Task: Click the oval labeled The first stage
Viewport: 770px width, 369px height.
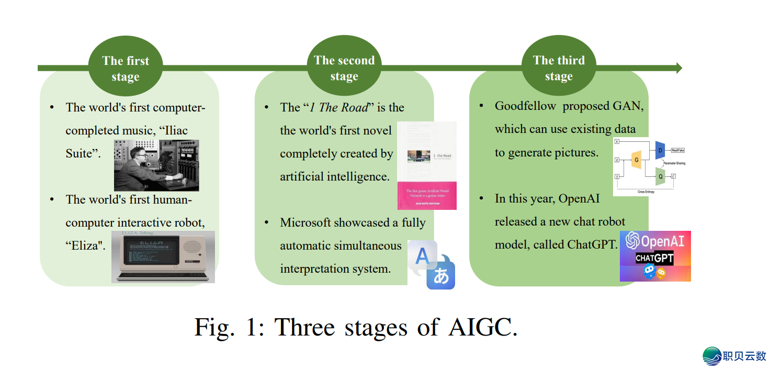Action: pyautogui.click(x=126, y=68)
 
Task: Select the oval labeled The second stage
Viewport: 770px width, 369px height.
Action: pyautogui.click(x=344, y=68)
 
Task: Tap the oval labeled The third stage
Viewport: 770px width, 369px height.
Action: pyautogui.click(x=558, y=68)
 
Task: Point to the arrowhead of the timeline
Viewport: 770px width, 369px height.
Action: pyautogui.click(x=678, y=68)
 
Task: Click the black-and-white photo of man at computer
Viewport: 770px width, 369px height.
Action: pyautogui.click(x=156, y=165)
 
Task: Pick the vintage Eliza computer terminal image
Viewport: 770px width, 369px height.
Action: pyautogui.click(x=163, y=257)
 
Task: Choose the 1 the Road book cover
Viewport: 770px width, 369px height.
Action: pyautogui.click(x=427, y=165)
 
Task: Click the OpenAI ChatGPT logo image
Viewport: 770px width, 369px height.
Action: pyautogui.click(x=655, y=256)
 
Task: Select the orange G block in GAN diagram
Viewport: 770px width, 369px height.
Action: pyautogui.click(x=637, y=159)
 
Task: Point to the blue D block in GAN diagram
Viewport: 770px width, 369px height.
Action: pyautogui.click(x=660, y=150)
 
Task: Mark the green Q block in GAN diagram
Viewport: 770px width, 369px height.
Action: pyautogui.click(x=660, y=176)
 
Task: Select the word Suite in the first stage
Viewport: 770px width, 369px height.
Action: pyautogui.click(x=79, y=154)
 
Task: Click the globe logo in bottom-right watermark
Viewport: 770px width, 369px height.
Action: pyautogui.click(x=711, y=356)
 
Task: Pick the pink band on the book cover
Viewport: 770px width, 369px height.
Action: pyautogui.click(x=427, y=195)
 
